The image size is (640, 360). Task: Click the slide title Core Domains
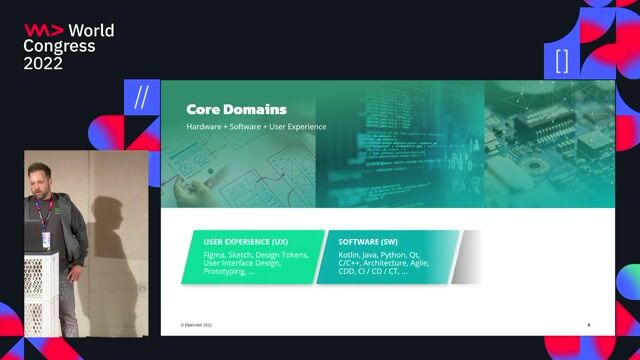tap(236, 109)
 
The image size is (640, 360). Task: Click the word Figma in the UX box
tap(215, 255)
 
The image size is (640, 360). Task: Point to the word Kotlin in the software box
tap(350, 255)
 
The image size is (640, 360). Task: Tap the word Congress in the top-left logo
tap(59, 46)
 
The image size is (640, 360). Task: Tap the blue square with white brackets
tap(561, 59)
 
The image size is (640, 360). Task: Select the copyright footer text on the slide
tap(196, 325)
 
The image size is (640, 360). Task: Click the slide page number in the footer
tap(588, 324)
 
